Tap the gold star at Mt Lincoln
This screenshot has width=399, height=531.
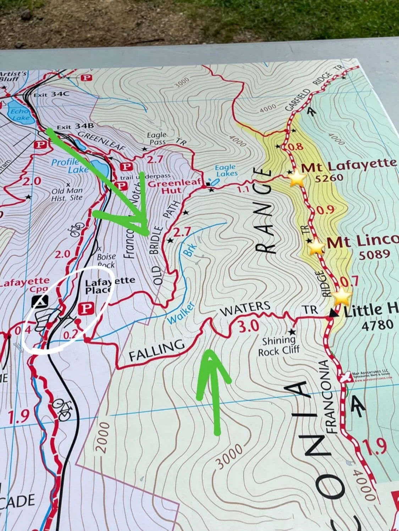pos(316,246)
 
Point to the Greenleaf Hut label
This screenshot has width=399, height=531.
pos(164,187)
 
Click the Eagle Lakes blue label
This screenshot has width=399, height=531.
pos(226,170)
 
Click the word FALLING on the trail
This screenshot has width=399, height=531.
pos(157,350)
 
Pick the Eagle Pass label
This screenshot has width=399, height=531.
pos(157,138)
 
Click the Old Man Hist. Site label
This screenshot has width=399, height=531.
pos(67,194)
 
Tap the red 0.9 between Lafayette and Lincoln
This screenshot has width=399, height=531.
pos(325,210)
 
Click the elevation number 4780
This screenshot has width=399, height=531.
pos(377,325)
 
